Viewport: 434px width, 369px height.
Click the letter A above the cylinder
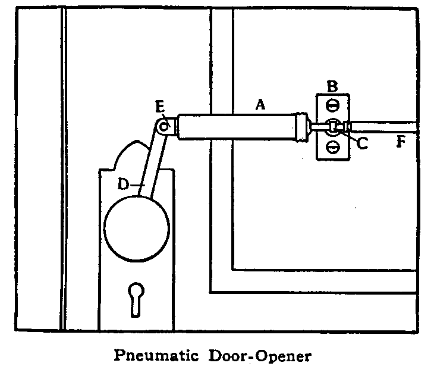click(259, 105)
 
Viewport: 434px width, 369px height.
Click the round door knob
click(136, 226)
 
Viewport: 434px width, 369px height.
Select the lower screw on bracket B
click(333, 145)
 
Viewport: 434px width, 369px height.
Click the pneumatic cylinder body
click(238, 126)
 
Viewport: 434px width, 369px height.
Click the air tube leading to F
click(386, 127)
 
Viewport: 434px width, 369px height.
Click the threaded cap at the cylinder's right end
click(302, 126)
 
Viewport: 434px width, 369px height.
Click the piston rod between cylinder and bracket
click(316, 126)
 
